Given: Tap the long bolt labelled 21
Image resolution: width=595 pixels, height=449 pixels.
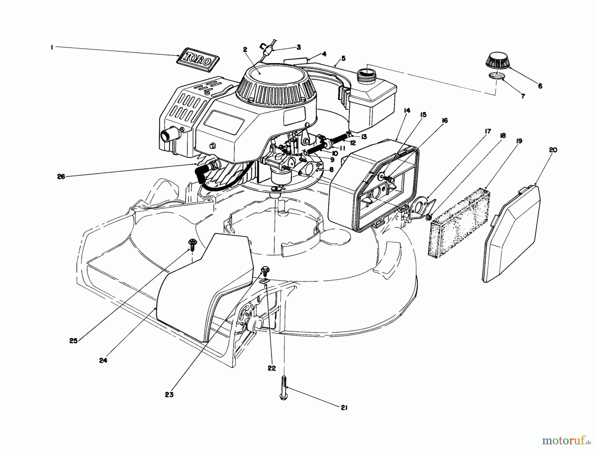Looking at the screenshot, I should [x=283, y=388].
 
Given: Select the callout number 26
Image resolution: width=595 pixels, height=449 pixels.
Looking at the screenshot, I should [x=61, y=177].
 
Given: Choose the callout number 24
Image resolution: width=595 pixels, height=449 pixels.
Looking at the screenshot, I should [x=103, y=361].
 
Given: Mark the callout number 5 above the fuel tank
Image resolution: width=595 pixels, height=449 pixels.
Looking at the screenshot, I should [x=343, y=58].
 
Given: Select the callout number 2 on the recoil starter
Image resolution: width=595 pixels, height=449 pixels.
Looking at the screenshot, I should [x=245, y=50].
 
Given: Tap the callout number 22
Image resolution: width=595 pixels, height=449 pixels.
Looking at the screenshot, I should [x=272, y=368].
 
